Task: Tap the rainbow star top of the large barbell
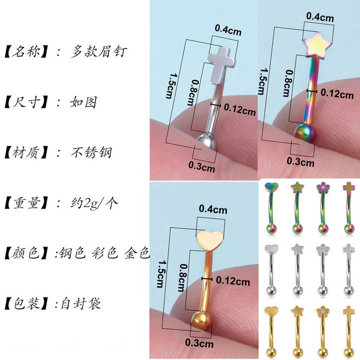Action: pyautogui.click(x=314, y=45)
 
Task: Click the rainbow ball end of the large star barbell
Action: pyautogui.click(x=305, y=133)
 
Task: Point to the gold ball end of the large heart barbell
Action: pyautogui.click(x=201, y=321)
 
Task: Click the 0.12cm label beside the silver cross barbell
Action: pyautogui.click(x=239, y=109)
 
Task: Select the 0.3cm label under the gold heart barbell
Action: pyautogui.click(x=199, y=343)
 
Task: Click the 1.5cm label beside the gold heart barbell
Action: pyautogui.click(x=160, y=274)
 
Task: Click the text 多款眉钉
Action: pyautogui.click(x=99, y=51)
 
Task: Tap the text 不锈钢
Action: pyautogui.click(x=91, y=152)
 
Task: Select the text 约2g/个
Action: pyautogui.click(x=94, y=203)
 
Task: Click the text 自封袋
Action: pyautogui.click(x=81, y=303)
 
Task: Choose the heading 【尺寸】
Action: pyautogui.click(x=26, y=102)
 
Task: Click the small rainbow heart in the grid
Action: pyautogui.click(x=271, y=187)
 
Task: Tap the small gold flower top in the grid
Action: pyautogui.click(x=323, y=311)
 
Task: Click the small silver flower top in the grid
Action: pyautogui.click(x=323, y=249)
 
